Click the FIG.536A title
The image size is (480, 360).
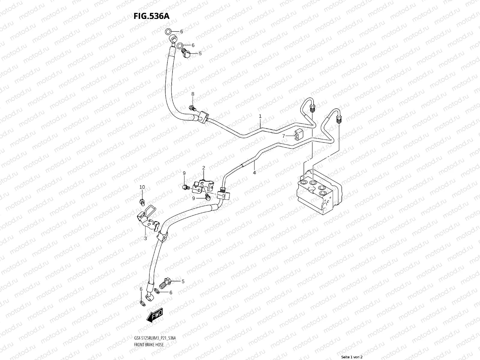click(x=151, y=16)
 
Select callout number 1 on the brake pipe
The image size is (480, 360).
click(x=260, y=116)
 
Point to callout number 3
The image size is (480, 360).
click(x=145, y=238)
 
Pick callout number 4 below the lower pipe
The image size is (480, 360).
click(x=254, y=172)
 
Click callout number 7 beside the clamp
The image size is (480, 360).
click(x=283, y=136)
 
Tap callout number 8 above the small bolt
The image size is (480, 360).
click(x=193, y=94)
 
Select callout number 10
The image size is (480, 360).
click(x=142, y=187)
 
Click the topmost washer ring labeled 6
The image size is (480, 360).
click(x=169, y=31)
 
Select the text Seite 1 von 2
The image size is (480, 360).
click(x=352, y=357)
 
